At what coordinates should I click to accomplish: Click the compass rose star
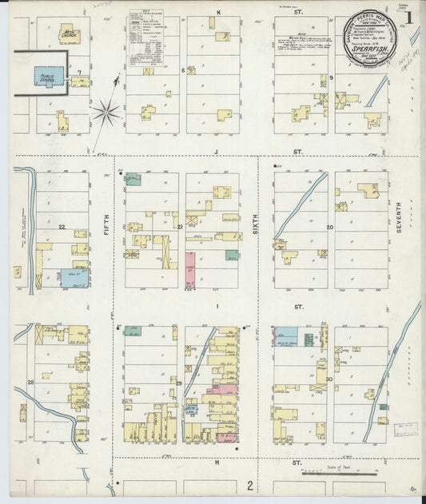tap(106, 113)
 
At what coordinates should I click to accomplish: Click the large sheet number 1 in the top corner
tap(408, 17)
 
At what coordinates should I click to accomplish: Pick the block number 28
tap(31, 383)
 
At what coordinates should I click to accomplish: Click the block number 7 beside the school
tap(79, 81)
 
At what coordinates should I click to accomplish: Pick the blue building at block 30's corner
tap(287, 336)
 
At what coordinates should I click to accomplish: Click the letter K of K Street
tap(218, 12)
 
